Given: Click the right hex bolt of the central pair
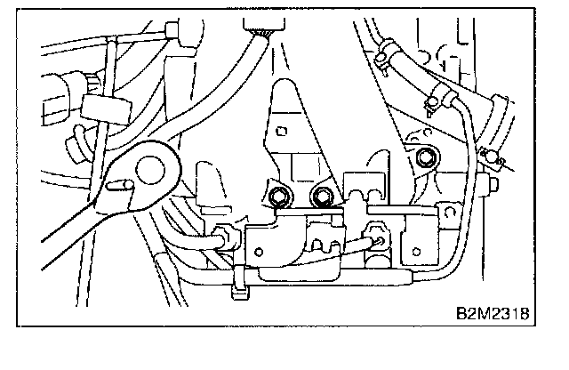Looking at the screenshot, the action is (x=322, y=195).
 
